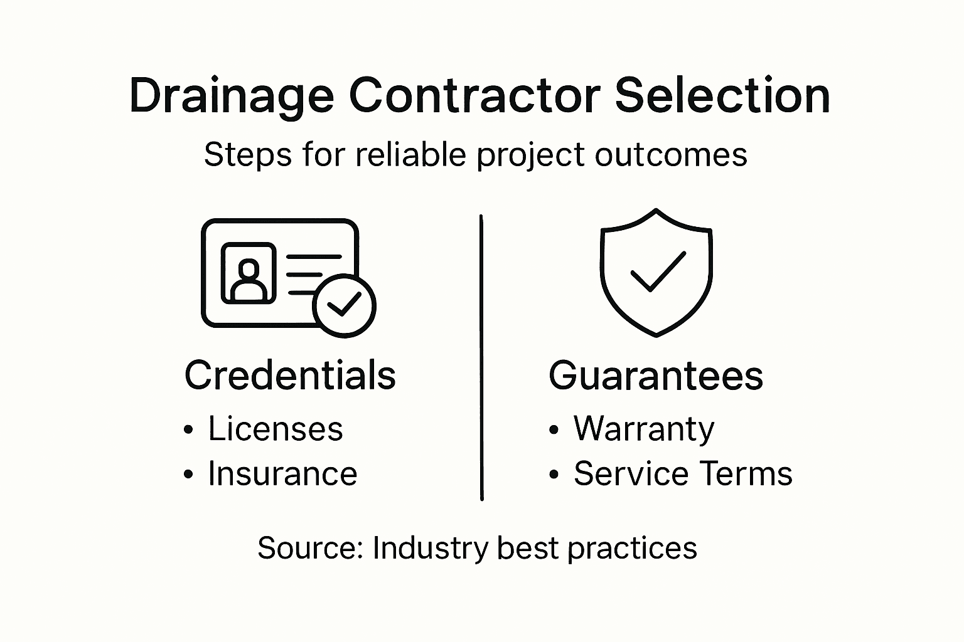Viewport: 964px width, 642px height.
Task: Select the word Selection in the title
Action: pos(722,96)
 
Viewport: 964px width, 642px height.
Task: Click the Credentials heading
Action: pos(290,376)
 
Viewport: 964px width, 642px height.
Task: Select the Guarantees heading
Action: pos(656,376)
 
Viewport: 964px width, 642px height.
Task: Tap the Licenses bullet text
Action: pos(276,429)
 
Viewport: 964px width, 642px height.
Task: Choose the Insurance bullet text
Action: pos(282,473)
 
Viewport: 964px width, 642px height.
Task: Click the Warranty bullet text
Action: pos(644,429)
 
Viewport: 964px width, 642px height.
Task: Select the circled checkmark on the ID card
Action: pos(344,305)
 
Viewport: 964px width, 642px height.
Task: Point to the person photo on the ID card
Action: pos(249,273)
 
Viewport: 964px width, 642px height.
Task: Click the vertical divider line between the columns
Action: pos(481,357)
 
